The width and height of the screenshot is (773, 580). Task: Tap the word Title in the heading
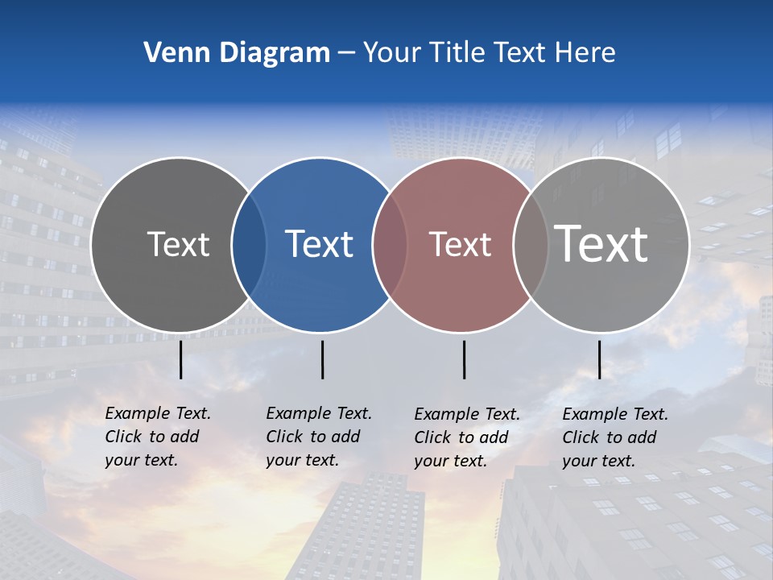[x=458, y=53]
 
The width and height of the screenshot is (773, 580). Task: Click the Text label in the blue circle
[x=320, y=244]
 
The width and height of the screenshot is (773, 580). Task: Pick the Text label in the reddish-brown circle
[x=461, y=244]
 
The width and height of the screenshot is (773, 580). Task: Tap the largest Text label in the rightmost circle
[x=601, y=243]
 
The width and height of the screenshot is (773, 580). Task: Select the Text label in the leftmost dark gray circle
[x=179, y=244]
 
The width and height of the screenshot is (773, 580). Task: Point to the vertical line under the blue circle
[x=322, y=359]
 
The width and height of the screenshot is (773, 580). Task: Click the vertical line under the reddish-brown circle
[x=464, y=359]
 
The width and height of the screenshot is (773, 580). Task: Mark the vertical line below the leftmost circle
[x=181, y=359]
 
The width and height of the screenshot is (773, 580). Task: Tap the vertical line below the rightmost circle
[x=599, y=359]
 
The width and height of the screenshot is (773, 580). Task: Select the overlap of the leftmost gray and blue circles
[x=250, y=245]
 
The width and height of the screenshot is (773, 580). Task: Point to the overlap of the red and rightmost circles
[x=531, y=245]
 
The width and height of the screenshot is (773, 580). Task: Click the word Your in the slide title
[x=392, y=53]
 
